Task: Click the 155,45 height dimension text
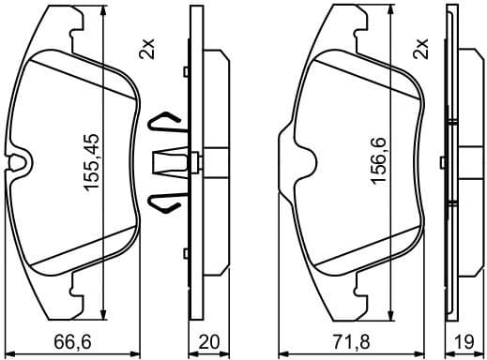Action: coord(92,161)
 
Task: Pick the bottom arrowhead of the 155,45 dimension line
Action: coord(100,309)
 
